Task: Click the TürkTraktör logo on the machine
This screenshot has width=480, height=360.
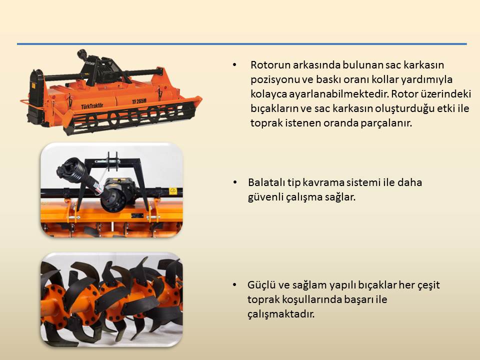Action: pos(92,106)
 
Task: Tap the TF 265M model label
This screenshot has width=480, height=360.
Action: pos(139,101)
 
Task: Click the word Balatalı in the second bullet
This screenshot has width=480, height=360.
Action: pos(266,182)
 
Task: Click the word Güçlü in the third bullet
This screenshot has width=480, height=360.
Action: pos(261,284)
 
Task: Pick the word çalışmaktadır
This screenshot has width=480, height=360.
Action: pos(281,314)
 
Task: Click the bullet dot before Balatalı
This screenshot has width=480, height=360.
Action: pos(235,182)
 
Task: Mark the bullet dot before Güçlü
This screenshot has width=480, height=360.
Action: pos(235,285)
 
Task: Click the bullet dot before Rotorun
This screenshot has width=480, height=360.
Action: pos(235,65)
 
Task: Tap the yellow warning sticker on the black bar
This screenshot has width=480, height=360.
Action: pos(173,190)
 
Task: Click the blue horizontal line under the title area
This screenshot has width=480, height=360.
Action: pos(242,44)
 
